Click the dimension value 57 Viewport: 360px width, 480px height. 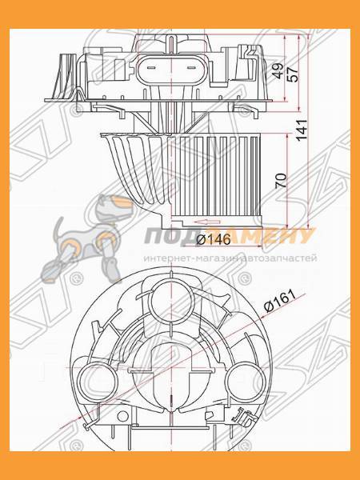(293, 74)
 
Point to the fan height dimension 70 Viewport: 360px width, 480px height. (281, 180)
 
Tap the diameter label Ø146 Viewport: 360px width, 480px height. (210, 240)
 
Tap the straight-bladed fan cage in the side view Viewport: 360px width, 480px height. (220, 172)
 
